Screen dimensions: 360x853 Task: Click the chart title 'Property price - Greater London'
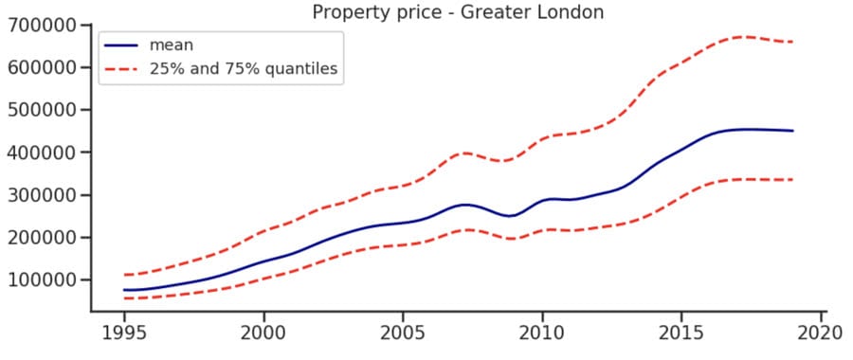pos(458,11)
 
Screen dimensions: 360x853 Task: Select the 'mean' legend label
pos(172,45)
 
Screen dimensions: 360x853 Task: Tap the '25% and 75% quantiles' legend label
pos(244,69)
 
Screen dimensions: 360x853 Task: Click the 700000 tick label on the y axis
pos(42,26)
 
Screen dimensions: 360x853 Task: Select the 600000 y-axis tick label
pos(42,68)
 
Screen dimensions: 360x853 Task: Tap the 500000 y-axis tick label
pos(42,110)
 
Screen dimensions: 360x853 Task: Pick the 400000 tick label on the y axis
pos(42,153)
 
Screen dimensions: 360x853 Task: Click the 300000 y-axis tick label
pos(42,195)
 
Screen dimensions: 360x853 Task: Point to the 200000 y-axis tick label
pos(42,238)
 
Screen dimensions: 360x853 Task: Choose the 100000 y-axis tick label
pos(42,280)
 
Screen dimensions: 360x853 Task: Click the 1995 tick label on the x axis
pos(124,333)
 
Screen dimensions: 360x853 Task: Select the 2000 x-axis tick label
pos(263,333)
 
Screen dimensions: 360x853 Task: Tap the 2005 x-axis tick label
pos(403,333)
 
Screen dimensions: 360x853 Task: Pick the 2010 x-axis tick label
pos(542,333)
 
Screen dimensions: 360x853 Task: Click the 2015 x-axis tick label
pos(681,333)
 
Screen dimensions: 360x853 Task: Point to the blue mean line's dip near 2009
pos(511,216)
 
